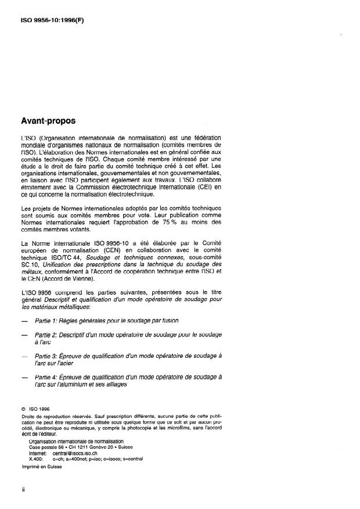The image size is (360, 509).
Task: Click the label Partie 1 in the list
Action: click(48, 320)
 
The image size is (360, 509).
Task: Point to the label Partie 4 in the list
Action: click(48, 377)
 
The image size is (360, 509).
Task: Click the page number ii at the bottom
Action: click(23, 489)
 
